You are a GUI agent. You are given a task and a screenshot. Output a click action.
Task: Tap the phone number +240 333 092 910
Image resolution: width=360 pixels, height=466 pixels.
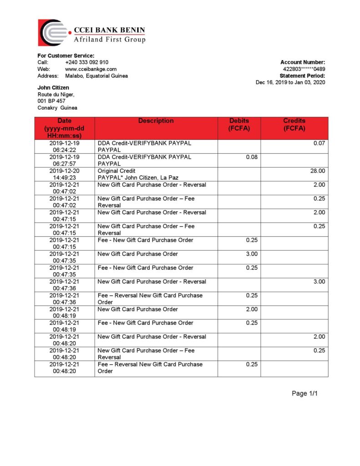(86, 62)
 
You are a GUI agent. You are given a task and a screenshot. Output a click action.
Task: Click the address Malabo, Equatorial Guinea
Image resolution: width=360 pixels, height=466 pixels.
(96, 76)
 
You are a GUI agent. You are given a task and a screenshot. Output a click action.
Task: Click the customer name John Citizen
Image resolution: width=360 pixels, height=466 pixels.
(53, 87)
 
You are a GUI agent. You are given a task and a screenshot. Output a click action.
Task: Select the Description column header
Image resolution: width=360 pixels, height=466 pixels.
(156, 121)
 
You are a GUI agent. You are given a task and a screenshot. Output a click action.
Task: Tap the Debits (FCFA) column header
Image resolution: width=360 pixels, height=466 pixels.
(239, 125)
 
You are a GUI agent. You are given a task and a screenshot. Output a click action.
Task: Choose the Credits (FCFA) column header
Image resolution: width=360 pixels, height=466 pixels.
(294, 125)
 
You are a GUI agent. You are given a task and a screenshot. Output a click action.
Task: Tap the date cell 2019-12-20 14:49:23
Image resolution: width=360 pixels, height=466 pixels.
(64, 174)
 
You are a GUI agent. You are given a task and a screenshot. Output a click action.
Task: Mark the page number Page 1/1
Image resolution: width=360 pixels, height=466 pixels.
(304, 394)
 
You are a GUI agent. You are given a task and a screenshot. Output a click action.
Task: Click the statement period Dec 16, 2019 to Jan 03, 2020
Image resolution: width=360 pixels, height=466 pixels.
(290, 82)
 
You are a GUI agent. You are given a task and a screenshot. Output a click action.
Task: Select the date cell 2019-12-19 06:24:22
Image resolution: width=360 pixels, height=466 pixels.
(64, 147)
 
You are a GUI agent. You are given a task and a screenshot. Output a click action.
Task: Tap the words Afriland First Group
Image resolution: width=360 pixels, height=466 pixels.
(110, 40)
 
